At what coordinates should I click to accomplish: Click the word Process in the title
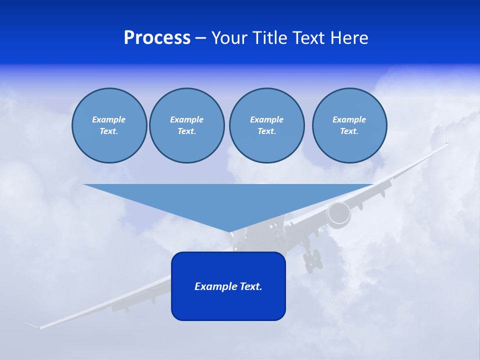[x=157, y=38]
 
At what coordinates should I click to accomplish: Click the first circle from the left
[x=109, y=125]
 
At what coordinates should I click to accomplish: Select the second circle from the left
[x=187, y=125]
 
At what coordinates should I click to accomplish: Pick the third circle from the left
[x=266, y=125]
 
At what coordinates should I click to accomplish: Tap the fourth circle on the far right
[x=349, y=125]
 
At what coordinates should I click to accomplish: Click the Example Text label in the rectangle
[x=228, y=286]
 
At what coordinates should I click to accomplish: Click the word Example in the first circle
[x=109, y=119]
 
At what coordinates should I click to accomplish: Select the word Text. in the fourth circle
[x=349, y=131]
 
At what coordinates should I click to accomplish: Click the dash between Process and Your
[x=200, y=38]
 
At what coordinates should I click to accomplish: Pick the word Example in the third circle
[x=266, y=119]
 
